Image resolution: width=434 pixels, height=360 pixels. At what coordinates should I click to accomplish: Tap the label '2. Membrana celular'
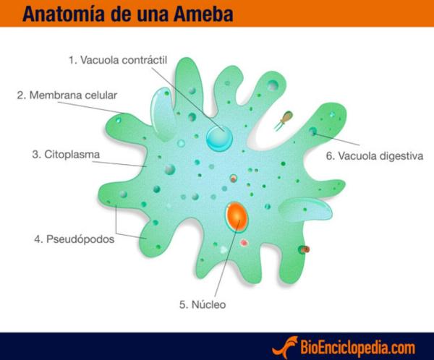pyautogui.click(x=67, y=95)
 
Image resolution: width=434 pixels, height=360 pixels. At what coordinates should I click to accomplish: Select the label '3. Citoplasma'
pyautogui.click(x=66, y=154)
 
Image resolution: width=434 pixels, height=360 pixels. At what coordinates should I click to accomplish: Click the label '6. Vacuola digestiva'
pyautogui.click(x=374, y=155)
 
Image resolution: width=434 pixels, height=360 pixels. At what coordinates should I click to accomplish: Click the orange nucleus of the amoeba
pyautogui.click(x=237, y=215)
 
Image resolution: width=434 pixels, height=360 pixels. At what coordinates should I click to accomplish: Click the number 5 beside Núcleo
pyautogui.click(x=182, y=304)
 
